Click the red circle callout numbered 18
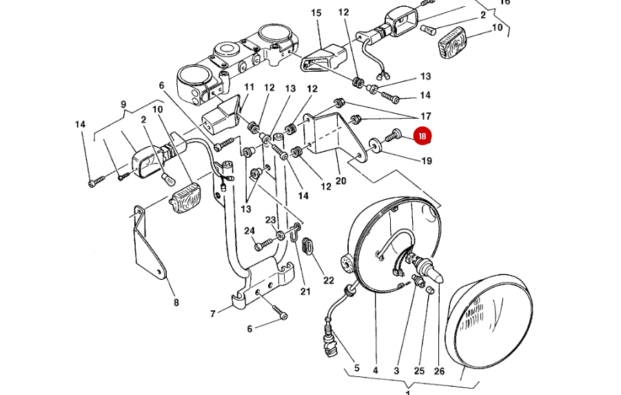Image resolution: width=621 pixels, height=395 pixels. point(423,136)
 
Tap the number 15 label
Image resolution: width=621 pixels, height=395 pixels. point(316,13)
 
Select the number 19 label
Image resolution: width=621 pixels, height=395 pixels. point(427,161)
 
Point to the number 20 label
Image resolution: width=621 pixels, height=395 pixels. point(340,181)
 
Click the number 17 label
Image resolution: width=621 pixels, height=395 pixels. point(425,116)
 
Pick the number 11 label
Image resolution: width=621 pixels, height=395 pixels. point(249,88)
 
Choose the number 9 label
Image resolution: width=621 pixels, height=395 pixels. point(124,105)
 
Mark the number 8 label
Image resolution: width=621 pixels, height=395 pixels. point(176,302)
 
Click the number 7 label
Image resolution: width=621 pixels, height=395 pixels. point(213,314)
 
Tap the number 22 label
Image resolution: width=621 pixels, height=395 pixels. point(329,281)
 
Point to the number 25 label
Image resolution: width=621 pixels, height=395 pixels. point(420,371)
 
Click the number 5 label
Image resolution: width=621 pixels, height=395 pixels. point(356,369)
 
